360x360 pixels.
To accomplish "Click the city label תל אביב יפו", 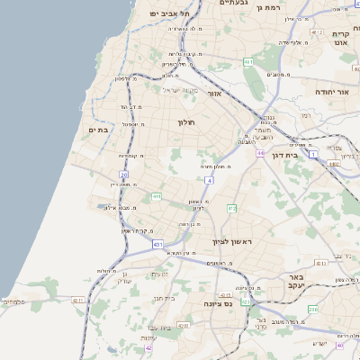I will (170, 13).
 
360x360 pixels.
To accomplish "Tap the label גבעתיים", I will (234, 3).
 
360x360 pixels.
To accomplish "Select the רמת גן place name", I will (269, 7).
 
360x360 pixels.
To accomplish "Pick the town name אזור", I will (214, 93).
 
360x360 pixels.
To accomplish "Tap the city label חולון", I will (185, 122).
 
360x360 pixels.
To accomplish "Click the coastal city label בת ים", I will (97, 130).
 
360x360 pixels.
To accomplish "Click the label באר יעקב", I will (293, 281).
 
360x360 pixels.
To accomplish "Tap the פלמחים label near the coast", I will (13, 301).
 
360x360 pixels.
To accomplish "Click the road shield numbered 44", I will (259, 154).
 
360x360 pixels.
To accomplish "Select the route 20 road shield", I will (124, 175).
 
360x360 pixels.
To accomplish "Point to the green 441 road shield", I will (157, 195).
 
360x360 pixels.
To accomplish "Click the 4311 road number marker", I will (78, 300).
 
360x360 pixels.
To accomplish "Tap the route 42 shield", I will (148, 347).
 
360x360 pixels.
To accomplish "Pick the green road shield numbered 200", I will (313, 309).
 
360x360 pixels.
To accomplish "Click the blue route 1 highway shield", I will (312, 154).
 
